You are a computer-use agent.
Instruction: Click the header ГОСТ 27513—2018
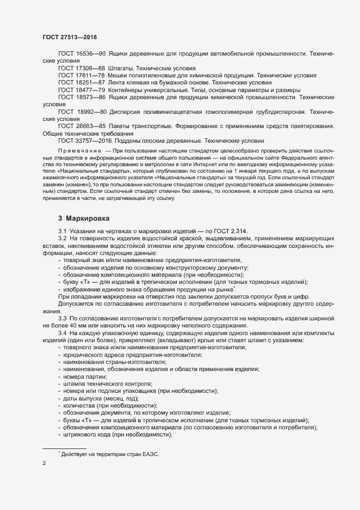coord(70,37)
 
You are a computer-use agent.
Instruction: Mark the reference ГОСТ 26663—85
coord(82,126)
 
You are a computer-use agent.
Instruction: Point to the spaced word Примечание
coord(80,149)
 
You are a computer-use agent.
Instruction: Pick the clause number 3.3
coord(62,318)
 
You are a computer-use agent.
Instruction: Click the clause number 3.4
coord(62,333)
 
